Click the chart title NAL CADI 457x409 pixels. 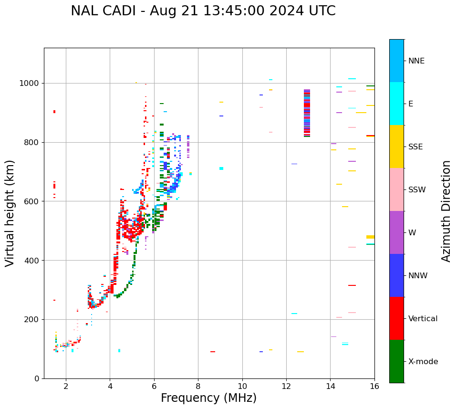point(203,11)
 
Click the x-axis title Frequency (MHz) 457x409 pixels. point(208,398)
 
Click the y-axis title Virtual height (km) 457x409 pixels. point(10,213)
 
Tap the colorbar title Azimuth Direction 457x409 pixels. point(446,211)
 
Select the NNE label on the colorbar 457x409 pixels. point(416,61)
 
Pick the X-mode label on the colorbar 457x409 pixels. point(423,362)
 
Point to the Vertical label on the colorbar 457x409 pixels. point(423,319)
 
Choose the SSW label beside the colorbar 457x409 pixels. point(416,190)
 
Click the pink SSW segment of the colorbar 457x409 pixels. point(396,189)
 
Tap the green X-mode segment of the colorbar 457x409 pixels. point(396,361)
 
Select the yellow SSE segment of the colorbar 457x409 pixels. point(396,147)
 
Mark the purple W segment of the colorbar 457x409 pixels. point(396,232)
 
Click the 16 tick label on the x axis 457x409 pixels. point(374,386)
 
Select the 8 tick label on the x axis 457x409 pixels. point(198,386)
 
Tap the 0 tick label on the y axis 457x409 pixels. point(37,378)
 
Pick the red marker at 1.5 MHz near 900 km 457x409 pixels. point(54,112)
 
